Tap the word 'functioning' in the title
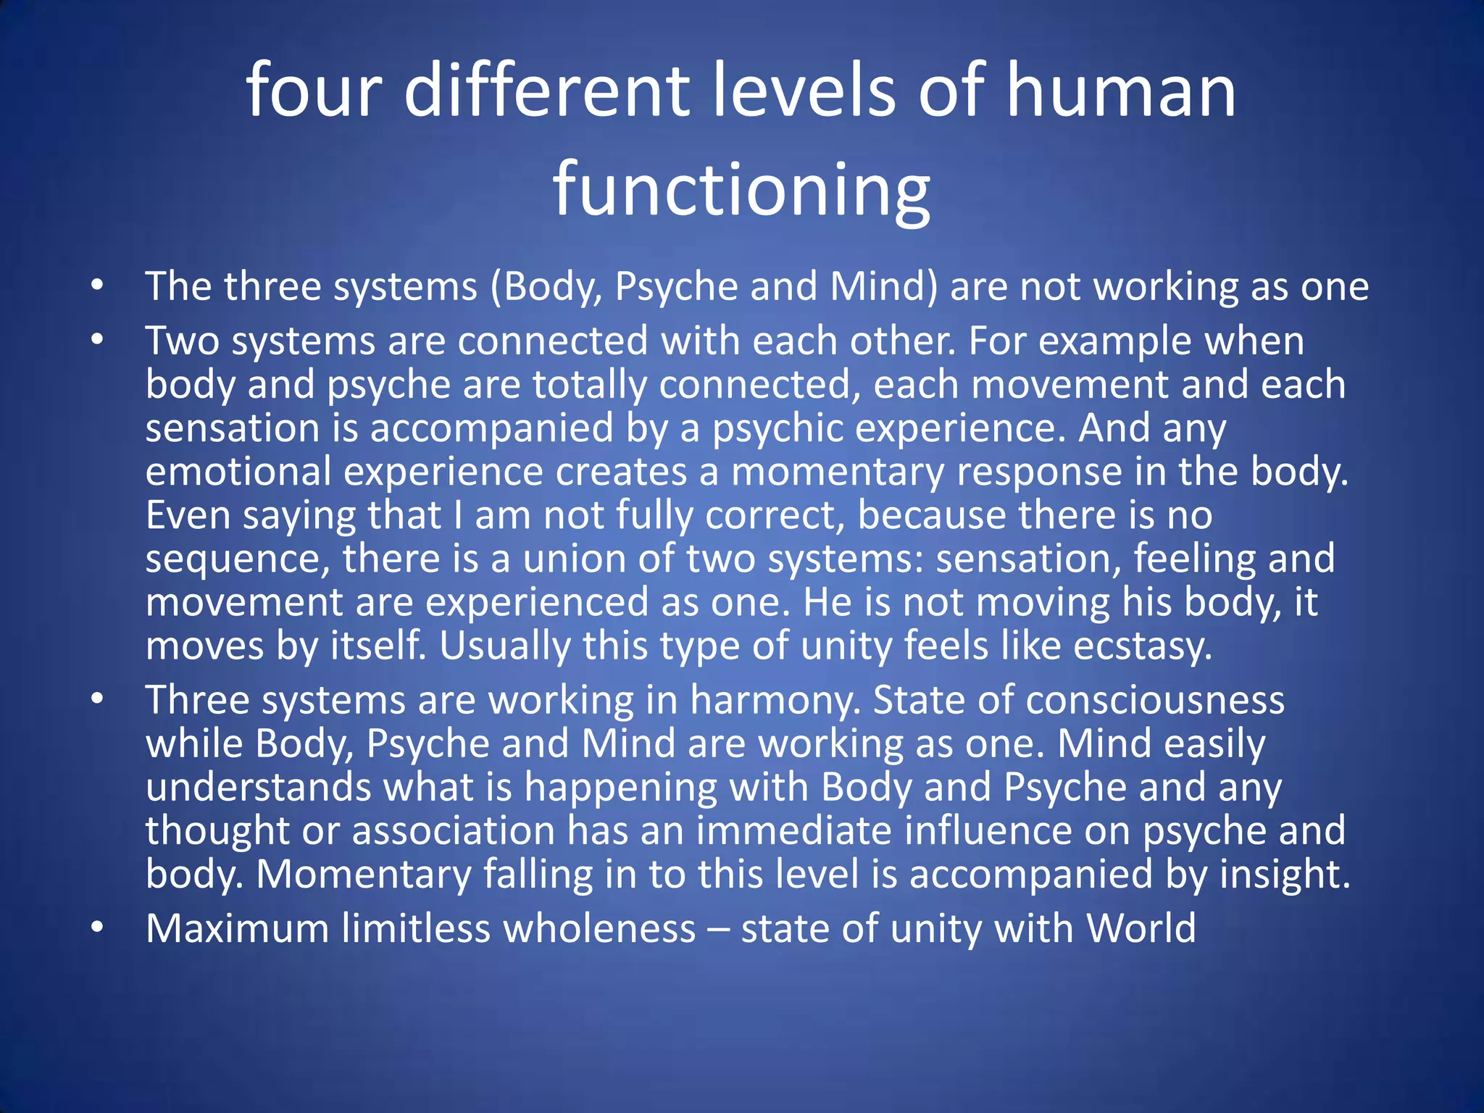point(741,190)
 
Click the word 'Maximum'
point(238,928)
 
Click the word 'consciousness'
point(1155,701)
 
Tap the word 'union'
point(574,559)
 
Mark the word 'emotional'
point(238,472)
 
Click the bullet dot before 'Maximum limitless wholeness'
point(98,928)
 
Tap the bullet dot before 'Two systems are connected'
point(98,341)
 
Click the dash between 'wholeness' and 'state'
point(718,930)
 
